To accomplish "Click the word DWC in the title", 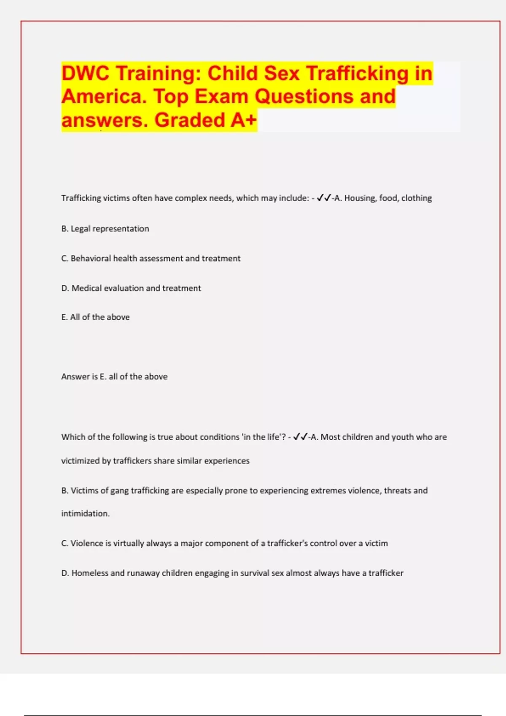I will click(86, 73).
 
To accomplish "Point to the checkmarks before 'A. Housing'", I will click(324, 198).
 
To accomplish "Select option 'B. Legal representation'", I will click(105, 229).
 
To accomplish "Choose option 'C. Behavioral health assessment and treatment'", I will click(151, 258).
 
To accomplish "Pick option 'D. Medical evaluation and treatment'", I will click(131, 288).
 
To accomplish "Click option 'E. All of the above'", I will click(95, 317).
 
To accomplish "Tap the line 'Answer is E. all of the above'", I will click(114, 377).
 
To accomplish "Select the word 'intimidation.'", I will click(85, 513).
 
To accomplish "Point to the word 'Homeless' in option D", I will click(89, 573).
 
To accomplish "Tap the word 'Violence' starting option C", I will click(87, 543).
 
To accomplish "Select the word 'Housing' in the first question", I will click(359, 198).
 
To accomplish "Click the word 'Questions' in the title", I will click(304, 96).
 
